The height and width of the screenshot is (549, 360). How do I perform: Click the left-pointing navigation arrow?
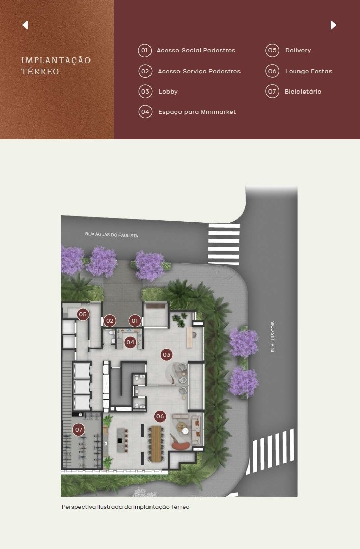[x=25, y=25]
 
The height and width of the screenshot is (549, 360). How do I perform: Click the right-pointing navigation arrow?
[x=333, y=25]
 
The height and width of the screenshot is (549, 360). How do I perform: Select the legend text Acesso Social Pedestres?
[x=196, y=50]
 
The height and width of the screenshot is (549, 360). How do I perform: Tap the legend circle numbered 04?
[x=145, y=112]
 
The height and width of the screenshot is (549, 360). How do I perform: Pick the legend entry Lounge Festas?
[x=309, y=71]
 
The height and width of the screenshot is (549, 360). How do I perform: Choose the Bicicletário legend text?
[x=303, y=91]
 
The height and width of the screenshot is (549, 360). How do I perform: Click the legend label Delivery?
[x=298, y=50]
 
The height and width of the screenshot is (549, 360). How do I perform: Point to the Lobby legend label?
[x=168, y=91]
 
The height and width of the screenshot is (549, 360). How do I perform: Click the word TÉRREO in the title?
[x=40, y=72]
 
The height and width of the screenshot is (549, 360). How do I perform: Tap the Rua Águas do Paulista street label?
[x=112, y=235]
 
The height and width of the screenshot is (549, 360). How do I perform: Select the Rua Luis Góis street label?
[x=273, y=337]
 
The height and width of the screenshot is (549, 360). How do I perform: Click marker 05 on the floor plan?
[x=83, y=314]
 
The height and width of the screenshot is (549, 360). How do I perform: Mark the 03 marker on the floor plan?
[x=166, y=355]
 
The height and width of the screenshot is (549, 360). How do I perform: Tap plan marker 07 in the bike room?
[x=79, y=430]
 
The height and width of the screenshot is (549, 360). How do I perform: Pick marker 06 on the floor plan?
[x=160, y=416]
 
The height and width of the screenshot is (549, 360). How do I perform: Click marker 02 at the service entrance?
[x=110, y=321]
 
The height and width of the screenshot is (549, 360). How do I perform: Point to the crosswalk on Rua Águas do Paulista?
[x=224, y=244]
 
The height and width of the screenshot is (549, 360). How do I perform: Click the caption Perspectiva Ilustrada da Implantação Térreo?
[x=126, y=507]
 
